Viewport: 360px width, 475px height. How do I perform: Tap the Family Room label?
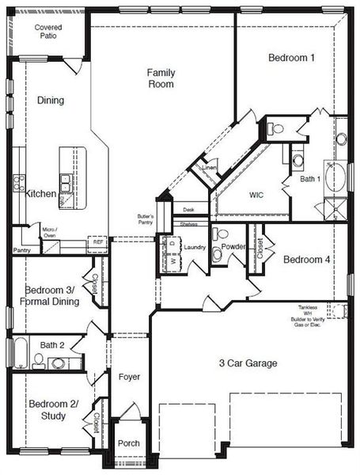click(x=161, y=78)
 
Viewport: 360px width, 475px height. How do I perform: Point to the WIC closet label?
click(x=256, y=194)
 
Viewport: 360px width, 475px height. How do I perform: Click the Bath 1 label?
click(x=310, y=179)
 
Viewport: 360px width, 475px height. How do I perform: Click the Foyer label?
click(x=129, y=377)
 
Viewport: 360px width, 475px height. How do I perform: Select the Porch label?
click(x=128, y=443)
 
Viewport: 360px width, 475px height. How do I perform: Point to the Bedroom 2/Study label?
click(x=53, y=410)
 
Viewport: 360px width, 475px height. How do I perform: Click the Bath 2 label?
click(x=52, y=345)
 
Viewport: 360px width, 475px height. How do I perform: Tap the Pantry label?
click(x=22, y=250)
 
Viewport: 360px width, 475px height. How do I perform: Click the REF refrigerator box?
click(x=98, y=242)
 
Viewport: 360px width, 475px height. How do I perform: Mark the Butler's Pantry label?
click(x=145, y=219)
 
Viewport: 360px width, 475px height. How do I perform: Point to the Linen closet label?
click(x=209, y=168)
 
